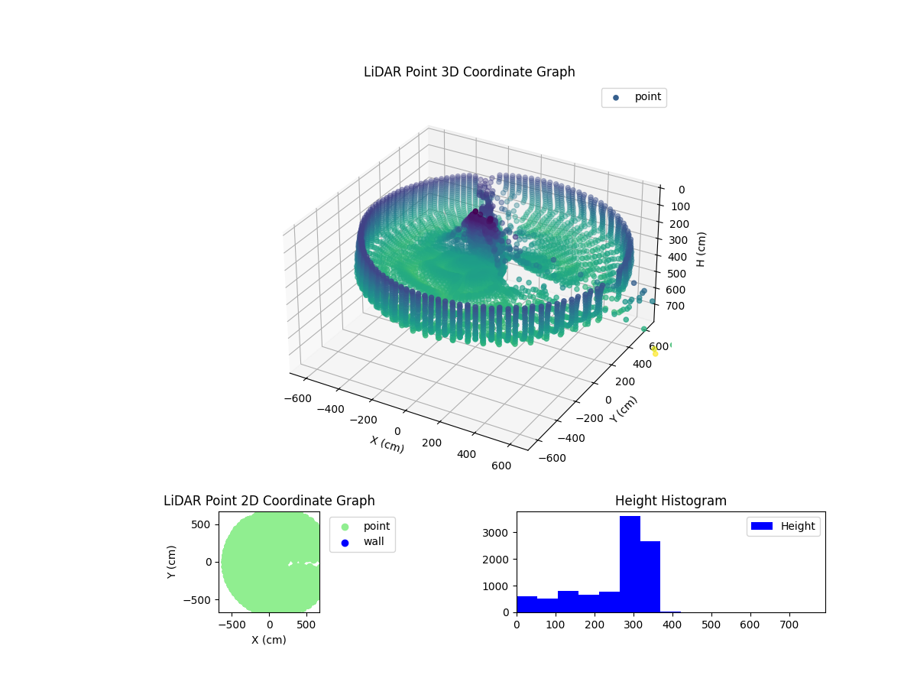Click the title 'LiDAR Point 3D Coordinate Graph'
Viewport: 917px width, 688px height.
pyautogui.click(x=469, y=72)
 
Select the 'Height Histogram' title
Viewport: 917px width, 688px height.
pyautogui.click(x=670, y=501)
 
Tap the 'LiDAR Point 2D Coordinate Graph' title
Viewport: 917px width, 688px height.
pyautogui.click(x=269, y=501)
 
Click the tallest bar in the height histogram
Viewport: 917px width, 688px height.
pyautogui.click(x=630, y=564)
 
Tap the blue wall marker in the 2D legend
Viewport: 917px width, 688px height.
pyautogui.click(x=345, y=542)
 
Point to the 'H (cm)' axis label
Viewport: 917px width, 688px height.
pyautogui.click(x=701, y=249)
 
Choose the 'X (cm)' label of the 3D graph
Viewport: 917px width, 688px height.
pyautogui.click(x=387, y=444)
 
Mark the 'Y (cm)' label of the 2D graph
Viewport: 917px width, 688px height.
pyautogui.click(x=173, y=562)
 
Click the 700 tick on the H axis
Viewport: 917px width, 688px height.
pyautogui.click(x=676, y=306)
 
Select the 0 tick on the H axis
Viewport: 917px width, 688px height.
pyautogui.click(x=680, y=190)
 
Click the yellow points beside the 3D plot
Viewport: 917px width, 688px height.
pyautogui.click(x=654, y=351)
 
